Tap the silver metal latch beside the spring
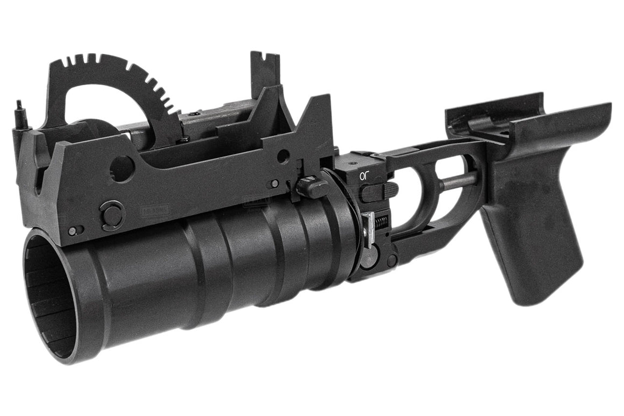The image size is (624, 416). click(x=369, y=229)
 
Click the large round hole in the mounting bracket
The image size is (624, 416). click(x=122, y=168)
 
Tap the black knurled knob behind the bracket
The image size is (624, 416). click(x=311, y=187)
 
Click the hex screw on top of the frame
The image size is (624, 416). click(x=192, y=113)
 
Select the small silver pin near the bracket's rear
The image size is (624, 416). click(x=274, y=184)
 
